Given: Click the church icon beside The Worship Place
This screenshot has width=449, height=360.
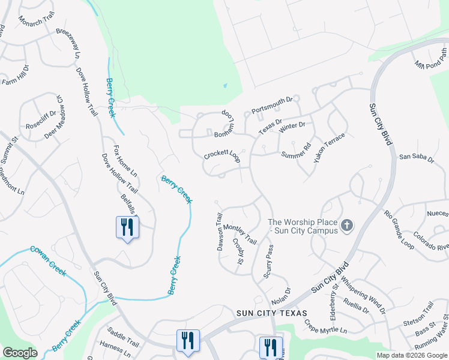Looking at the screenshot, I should [346, 226].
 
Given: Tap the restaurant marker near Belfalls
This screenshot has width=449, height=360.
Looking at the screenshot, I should [127, 227].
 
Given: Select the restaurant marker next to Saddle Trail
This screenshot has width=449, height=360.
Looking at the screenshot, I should [188, 340].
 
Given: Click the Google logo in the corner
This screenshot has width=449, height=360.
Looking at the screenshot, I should [20, 353].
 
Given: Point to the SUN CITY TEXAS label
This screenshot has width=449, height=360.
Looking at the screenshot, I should [271, 313].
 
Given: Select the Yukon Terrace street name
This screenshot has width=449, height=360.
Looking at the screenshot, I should [330, 148].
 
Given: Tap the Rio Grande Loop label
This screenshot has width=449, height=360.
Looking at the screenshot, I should [399, 229].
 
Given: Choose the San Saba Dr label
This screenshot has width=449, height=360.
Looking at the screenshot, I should [416, 157].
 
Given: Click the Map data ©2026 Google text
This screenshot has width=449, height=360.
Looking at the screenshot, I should [412, 355].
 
